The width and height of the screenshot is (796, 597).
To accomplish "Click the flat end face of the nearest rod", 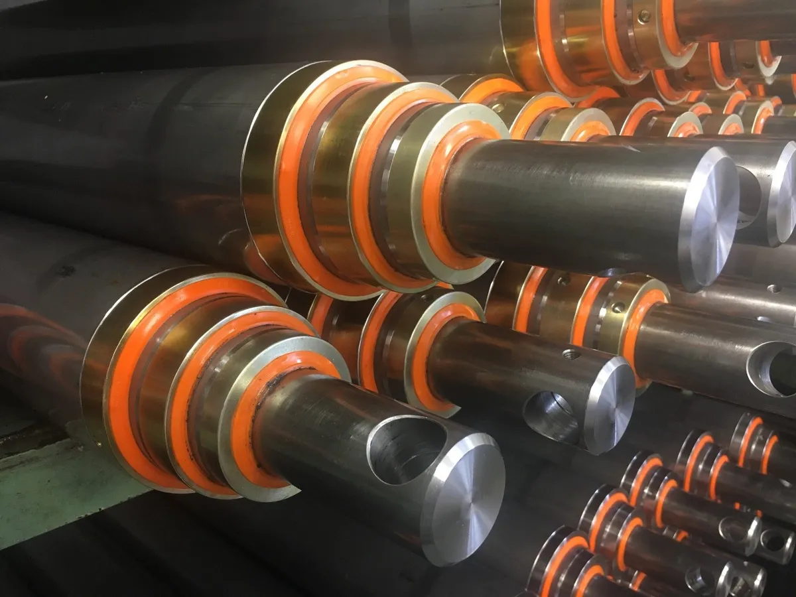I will point(464,497).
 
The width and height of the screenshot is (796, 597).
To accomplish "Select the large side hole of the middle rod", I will point(551,417).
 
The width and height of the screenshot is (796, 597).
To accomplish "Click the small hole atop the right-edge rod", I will point(773,289).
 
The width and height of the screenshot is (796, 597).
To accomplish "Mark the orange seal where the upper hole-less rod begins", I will point(434,199).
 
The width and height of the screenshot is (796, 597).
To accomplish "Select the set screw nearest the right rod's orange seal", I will point(618,307).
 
